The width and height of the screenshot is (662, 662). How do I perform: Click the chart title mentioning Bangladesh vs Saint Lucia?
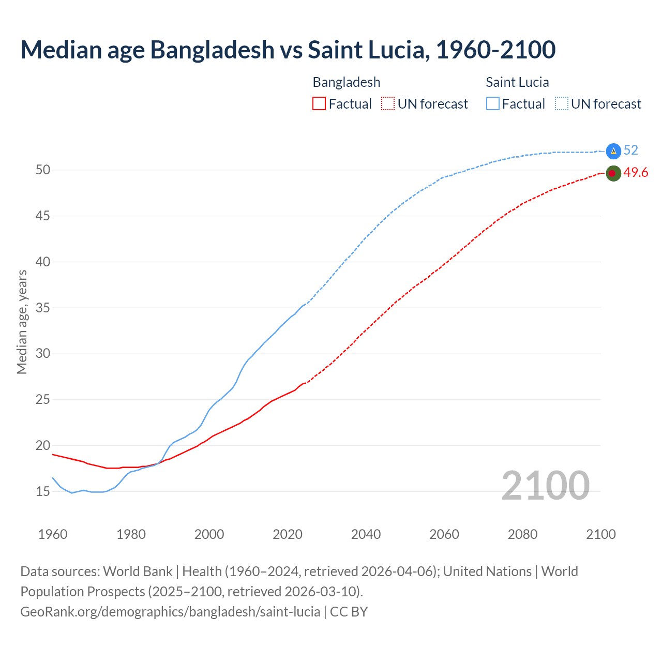click(288, 50)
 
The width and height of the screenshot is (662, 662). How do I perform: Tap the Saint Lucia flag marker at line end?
click(613, 151)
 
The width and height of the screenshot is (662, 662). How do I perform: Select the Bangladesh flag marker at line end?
click(613, 173)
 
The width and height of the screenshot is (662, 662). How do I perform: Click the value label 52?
click(631, 151)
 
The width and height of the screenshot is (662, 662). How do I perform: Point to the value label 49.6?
click(636, 173)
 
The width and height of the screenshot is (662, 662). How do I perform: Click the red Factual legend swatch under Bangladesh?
click(319, 104)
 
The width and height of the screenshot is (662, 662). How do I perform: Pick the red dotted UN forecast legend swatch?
click(388, 104)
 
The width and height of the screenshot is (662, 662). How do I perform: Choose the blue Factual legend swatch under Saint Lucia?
click(493, 104)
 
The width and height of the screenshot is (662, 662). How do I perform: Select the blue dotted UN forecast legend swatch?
click(562, 104)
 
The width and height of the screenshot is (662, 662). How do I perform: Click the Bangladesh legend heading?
click(347, 82)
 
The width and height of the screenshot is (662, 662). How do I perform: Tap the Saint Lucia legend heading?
click(517, 82)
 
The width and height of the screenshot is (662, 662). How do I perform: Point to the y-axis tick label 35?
click(43, 308)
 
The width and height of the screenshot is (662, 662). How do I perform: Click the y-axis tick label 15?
click(43, 491)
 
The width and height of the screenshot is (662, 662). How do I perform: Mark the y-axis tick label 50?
click(43, 170)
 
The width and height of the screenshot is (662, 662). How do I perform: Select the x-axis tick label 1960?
click(53, 534)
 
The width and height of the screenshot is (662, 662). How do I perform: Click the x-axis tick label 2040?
click(366, 534)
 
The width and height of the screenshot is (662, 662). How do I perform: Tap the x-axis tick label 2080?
click(522, 534)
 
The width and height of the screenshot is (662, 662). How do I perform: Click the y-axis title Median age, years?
click(22, 322)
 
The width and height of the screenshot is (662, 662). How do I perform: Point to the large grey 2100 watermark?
click(545, 485)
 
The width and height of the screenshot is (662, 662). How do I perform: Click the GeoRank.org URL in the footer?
click(170, 612)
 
